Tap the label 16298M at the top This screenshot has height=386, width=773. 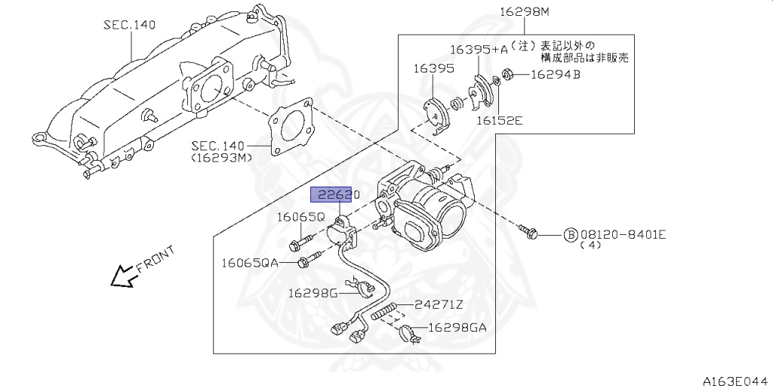[x=524, y=12]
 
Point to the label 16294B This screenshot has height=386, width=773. [x=555, y=75]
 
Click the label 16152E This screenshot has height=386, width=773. [x=499, y=119]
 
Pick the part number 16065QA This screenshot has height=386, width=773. [x=249, y=263]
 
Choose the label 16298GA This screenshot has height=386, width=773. [x=457, y=327]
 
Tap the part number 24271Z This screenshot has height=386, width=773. [x=439, y=304]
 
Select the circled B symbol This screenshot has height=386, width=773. [x=570, y=234]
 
